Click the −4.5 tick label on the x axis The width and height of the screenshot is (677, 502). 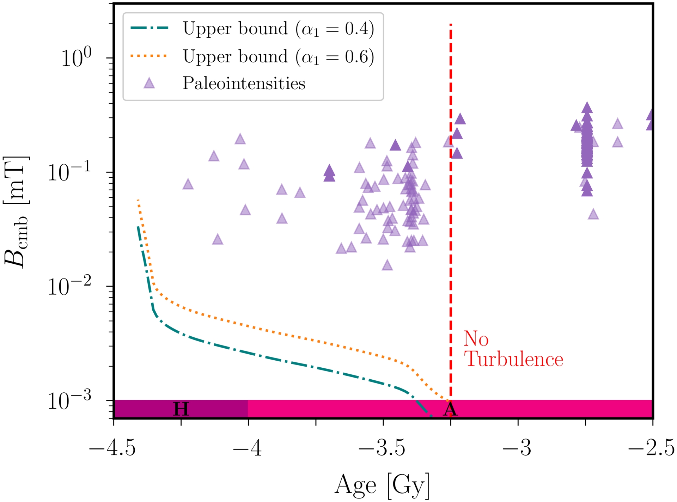112,449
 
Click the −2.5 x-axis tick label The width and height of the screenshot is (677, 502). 651,449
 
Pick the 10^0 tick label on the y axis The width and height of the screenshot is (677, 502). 76,58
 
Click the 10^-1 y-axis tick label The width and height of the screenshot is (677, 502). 69,172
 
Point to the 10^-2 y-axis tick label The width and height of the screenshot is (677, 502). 69,286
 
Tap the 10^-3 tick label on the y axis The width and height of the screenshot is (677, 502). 69,401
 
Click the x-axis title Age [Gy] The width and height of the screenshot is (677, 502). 382,485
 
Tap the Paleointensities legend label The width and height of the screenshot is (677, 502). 244,84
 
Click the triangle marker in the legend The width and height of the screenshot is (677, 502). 149,84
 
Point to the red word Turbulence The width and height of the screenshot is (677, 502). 513,360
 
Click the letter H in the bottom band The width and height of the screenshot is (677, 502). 181,409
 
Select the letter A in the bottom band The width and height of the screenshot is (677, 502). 450,410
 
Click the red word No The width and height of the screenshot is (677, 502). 476,339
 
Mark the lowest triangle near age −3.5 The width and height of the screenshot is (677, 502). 387,265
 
